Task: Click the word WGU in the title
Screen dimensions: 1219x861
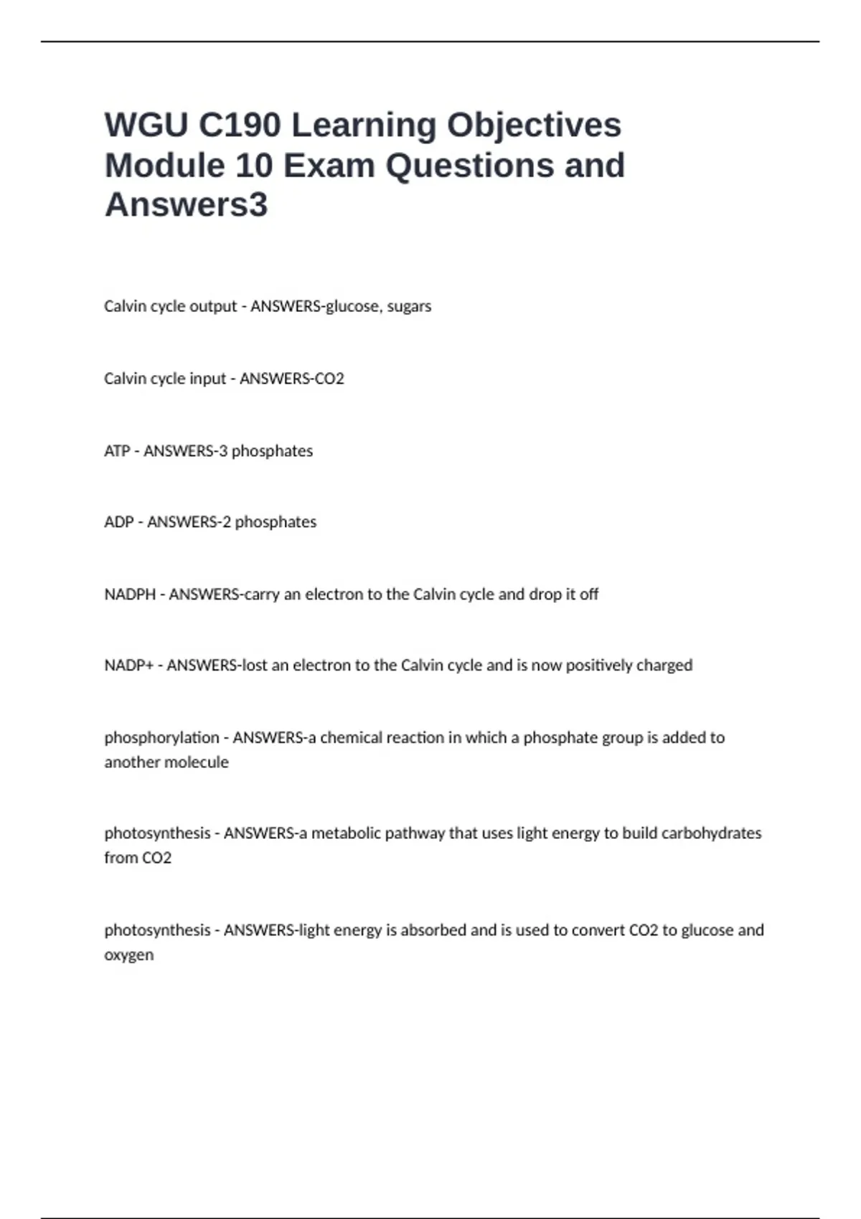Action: coord(146,125)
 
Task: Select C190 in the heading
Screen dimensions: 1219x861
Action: coord(240,125)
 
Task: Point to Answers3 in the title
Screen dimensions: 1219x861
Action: coord(186,205)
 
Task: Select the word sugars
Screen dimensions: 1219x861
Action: coord(409,306)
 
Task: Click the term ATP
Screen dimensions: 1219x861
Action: coord(117,451)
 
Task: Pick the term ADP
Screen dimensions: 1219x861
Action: coord(118,522)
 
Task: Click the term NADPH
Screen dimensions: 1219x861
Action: coord(130,594)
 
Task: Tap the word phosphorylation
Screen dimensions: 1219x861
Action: coord(161,738)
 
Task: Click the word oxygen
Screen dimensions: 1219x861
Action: coord(129,955)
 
